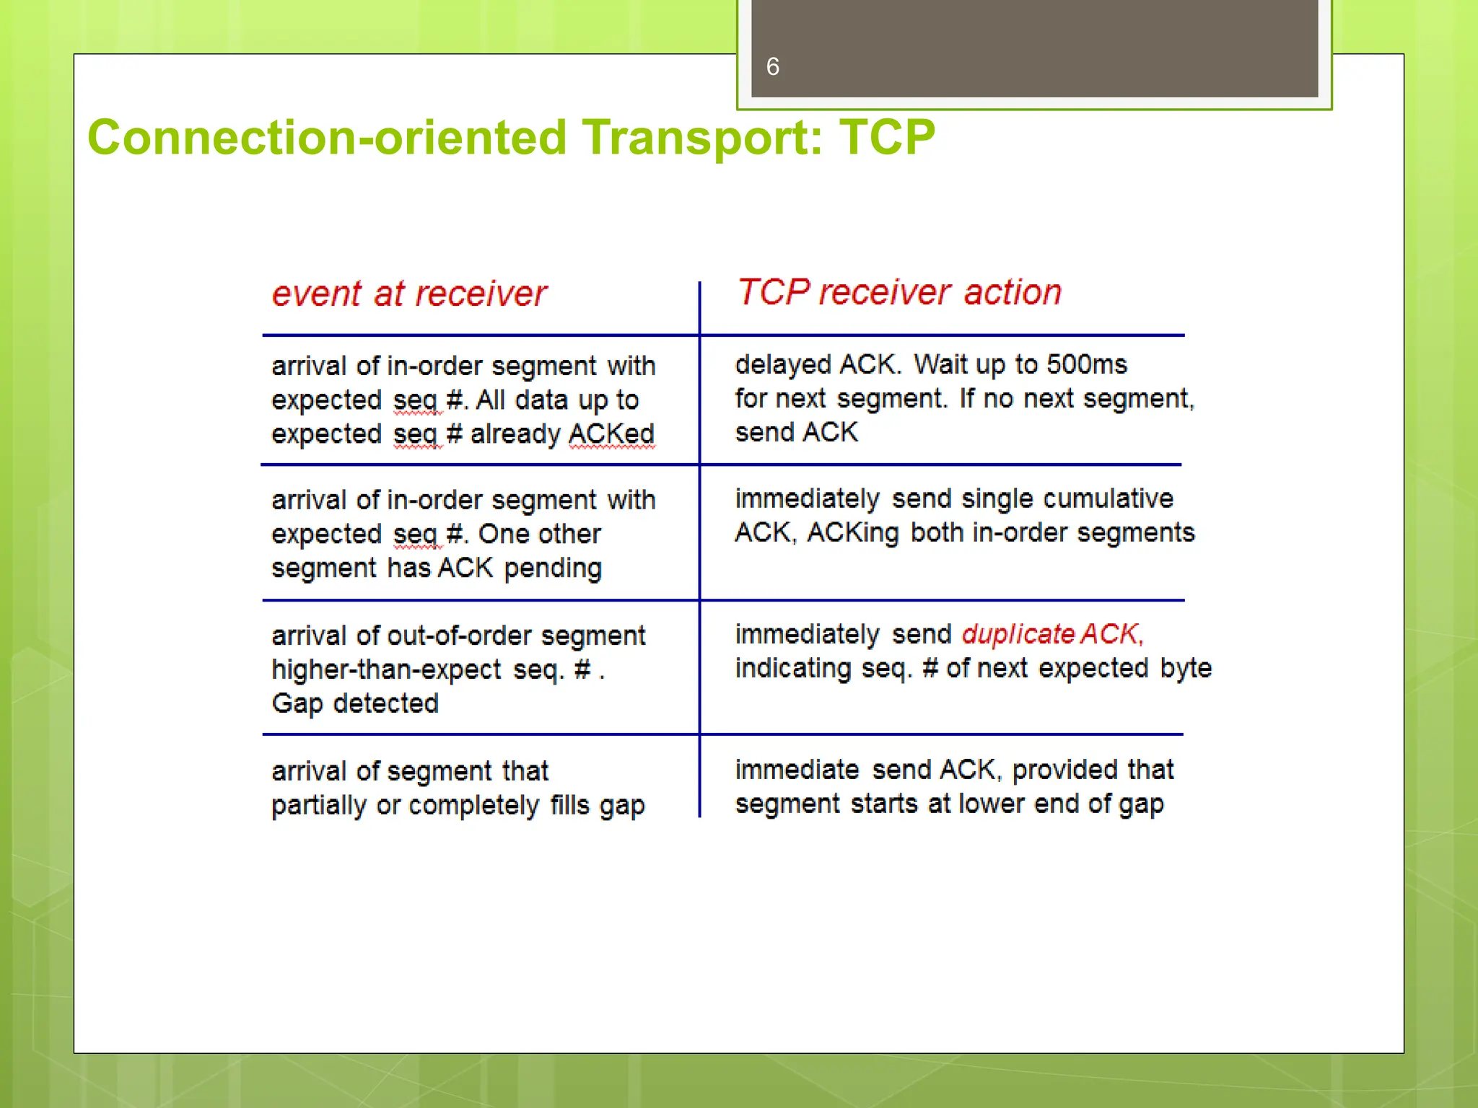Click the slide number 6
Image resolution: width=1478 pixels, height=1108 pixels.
coord(772,67)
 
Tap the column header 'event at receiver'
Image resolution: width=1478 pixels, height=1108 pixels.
coord(408,294)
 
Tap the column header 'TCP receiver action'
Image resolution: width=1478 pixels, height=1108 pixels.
coord(898,292)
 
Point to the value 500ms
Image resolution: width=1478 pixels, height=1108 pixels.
coord(1086,364)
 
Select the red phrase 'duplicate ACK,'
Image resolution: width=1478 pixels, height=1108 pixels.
coord(1052,634)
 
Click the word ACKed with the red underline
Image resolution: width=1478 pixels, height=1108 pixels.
coord(611,434)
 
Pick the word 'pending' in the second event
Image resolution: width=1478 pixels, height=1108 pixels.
coord(552,568)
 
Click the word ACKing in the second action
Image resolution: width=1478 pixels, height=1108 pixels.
coord(853,532)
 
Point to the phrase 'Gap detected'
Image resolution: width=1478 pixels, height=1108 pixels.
coord(355,703)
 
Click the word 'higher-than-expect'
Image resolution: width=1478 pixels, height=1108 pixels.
coord(386,669)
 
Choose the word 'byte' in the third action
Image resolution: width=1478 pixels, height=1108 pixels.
coord(1185,668)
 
